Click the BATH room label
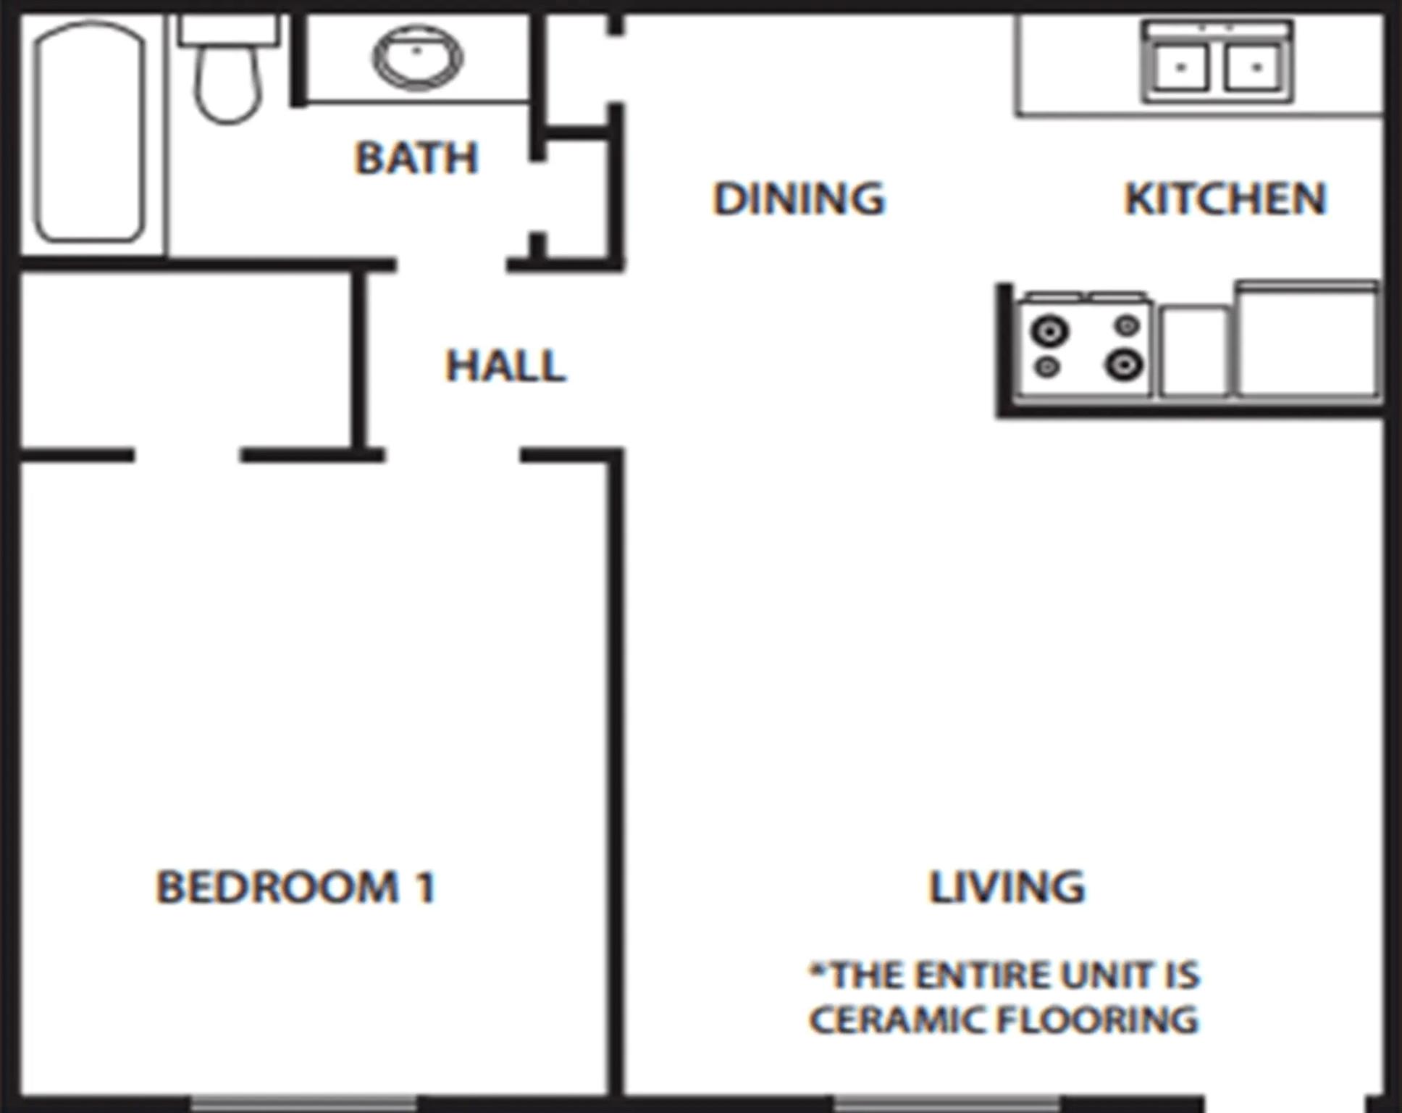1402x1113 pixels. click(x=416, y=157)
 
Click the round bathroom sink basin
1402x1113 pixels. click(x=418, y=57)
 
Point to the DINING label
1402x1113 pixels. click(x=799, y=198)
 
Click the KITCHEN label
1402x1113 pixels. click(x=1225, y=198)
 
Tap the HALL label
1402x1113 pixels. click(x=505, y=365)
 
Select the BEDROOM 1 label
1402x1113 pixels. click(x=295, y=886)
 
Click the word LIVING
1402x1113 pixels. click(x=1007, y=886)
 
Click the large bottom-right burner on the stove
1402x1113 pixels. click(x=1123, y=364)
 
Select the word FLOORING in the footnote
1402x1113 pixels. click(x=1098, y=1020)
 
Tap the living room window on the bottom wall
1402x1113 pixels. click(x=946, y=1103)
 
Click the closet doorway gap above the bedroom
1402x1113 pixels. click(x=187, y=456)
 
